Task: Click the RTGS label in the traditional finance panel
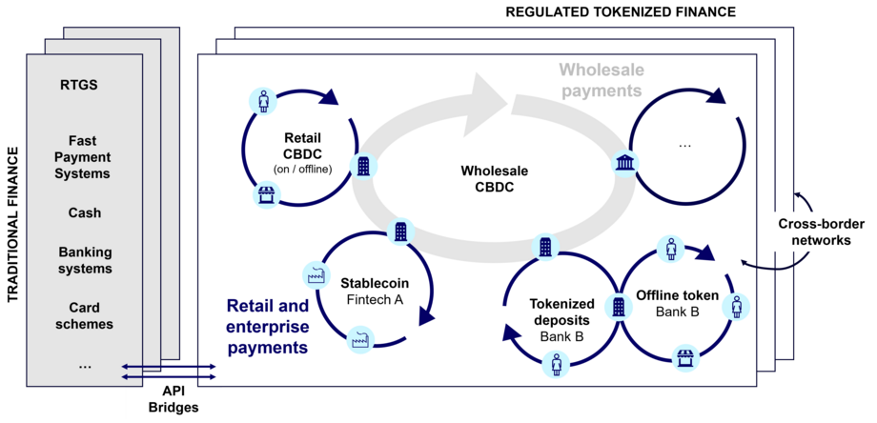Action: coord(78,85)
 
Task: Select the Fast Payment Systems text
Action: coord(84,156)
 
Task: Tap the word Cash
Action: coord(84,212)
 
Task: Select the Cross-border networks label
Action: coord(814,232)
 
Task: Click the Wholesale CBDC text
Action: coord(494,178)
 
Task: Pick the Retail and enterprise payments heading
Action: coord(267,327)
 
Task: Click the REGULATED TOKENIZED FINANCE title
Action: coord(621,11)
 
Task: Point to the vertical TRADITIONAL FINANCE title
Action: coord(13,225)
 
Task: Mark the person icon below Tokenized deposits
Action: coord(556,363)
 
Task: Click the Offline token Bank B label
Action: coord(677,303)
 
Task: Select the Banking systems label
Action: coord(85,260)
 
